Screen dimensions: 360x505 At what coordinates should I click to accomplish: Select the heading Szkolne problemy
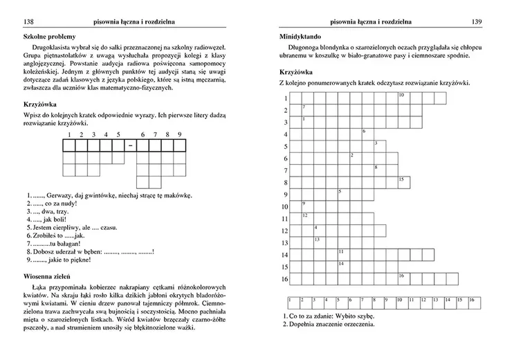tap(50, 36)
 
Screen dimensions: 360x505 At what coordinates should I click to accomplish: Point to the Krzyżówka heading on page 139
tap(296, 71)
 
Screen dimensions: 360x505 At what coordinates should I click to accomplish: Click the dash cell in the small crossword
tap(130, 145)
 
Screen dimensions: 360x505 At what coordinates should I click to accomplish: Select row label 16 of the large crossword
tap(284, 279)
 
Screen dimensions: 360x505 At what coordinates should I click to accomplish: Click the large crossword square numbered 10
tap(403, 98)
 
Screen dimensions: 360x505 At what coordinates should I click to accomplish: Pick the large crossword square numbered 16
tap(403, 278)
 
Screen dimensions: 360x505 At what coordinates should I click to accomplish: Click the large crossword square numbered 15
tap(403, 182)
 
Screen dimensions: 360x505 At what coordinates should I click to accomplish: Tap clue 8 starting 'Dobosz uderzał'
tap(89, 252)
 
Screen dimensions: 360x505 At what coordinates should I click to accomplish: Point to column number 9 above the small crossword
tap(179, 134)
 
